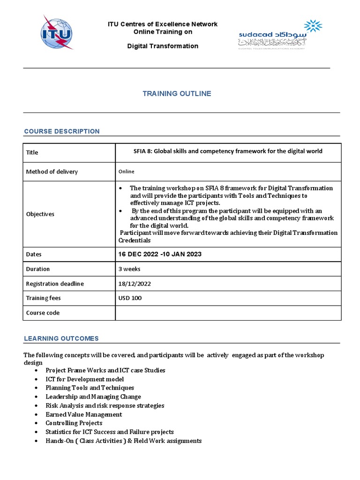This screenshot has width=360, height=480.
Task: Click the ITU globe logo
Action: [58, 32]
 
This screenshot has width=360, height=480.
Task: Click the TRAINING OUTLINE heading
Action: [177, 94]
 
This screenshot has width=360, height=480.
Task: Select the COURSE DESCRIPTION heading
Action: [62, 131]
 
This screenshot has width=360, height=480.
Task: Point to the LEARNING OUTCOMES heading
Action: [61, 338]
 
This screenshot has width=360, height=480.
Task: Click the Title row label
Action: [32, 152]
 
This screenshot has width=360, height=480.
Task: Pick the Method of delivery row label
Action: [52, 172]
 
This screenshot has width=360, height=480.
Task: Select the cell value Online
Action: [127, 172]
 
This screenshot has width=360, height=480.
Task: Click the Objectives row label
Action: [40, 214]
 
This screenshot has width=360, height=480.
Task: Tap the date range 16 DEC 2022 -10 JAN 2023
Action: [160, 254]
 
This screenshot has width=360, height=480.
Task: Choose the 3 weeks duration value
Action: [130, 269]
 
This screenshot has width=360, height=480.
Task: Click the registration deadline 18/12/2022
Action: [135, 284]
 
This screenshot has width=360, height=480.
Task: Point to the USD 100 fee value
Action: [130, 298]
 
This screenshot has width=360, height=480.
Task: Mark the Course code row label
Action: [43, 313]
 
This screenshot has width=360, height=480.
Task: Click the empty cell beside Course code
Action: [228, 313]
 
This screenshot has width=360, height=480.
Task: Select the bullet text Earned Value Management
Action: [83, 414]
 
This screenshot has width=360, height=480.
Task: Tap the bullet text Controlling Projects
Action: [74, 423]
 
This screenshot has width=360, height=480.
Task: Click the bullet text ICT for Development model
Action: [84, 379]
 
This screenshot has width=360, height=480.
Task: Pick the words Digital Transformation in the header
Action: [163, 46]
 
